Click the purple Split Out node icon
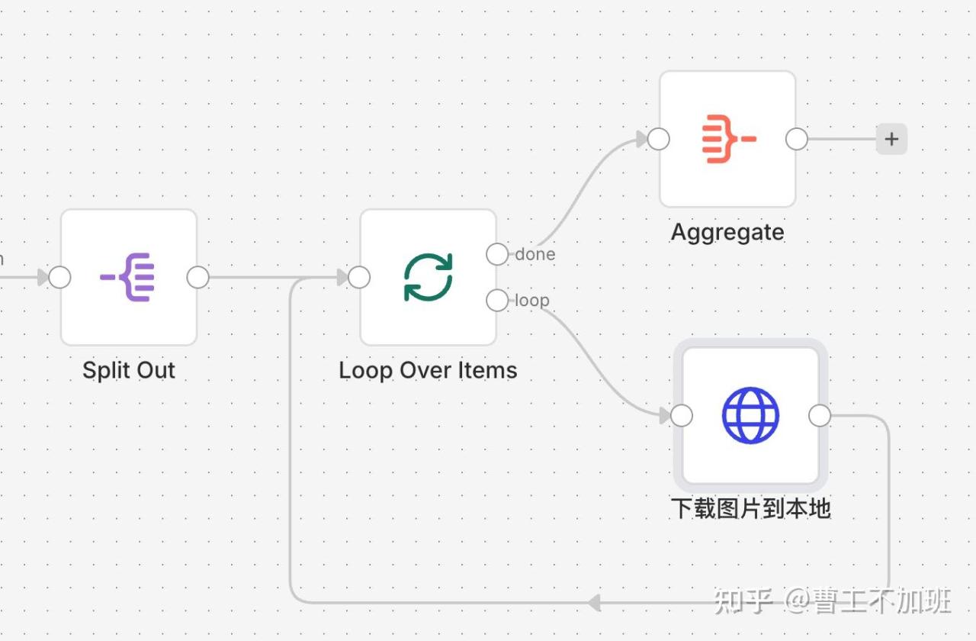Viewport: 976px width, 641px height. (x=128, y=277)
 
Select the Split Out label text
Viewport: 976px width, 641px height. (x=129, y=371)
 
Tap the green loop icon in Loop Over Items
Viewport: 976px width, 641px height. (x=428, y=277)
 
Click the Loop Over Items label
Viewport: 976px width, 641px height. (x=428, y=371)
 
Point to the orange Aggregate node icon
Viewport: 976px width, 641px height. (x=727, y=139)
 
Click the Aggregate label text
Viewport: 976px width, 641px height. (x=727, y=232)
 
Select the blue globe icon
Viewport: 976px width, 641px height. (x=750, y=415)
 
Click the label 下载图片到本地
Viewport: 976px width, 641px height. (x=750, y=508)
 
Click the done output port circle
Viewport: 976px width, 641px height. (x=497, y=254)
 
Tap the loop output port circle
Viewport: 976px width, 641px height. (x=497, y=301)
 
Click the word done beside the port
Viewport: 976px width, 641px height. (x=535, y=254)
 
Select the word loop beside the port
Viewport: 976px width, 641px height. (x=532, y=301)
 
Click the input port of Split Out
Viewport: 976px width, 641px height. (x=59, y=277)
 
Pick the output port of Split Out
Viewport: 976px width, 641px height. (x=197, y=277)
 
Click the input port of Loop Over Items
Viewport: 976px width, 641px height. (x=359, y=277)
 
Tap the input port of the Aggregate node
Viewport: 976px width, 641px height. (x=658, y=139)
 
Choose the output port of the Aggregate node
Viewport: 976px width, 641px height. (x=797, y=139)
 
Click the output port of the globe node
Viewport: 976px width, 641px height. (x=820, y=415)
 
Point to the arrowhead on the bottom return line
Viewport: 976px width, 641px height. (x=595, y=603)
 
